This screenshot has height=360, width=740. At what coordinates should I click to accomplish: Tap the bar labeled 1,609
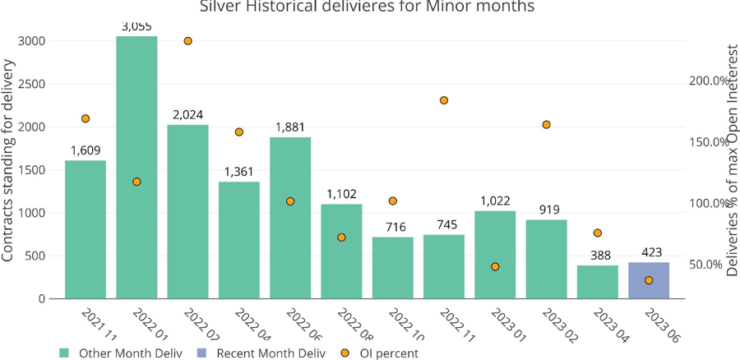(x=86, y=229)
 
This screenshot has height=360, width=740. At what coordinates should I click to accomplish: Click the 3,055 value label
(x=136, y=26)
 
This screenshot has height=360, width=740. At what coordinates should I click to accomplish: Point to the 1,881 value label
(x=290, y=127)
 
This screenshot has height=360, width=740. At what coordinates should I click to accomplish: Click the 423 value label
(x=649, y=252)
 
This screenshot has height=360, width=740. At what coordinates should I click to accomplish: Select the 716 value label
(x=393, y=227)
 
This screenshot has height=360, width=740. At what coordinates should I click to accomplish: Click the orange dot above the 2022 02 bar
(x=188, y=41)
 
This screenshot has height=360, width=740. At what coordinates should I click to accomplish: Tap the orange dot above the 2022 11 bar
(x=444, y=100)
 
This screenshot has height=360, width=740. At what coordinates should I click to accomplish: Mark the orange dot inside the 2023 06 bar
(x=649, y=280)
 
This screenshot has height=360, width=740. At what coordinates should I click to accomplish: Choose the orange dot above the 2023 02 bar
(x=546, y=125)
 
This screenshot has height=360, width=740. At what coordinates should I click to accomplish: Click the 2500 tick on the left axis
(x=33, y=84)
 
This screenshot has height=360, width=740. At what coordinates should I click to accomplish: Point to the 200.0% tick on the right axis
(x=708, y=81)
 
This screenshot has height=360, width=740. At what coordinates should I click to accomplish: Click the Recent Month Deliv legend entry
(x=270, y=353)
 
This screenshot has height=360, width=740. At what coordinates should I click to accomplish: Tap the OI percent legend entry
(x=386, y=353)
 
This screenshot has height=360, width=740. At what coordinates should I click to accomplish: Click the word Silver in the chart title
(x=221, y=7)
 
